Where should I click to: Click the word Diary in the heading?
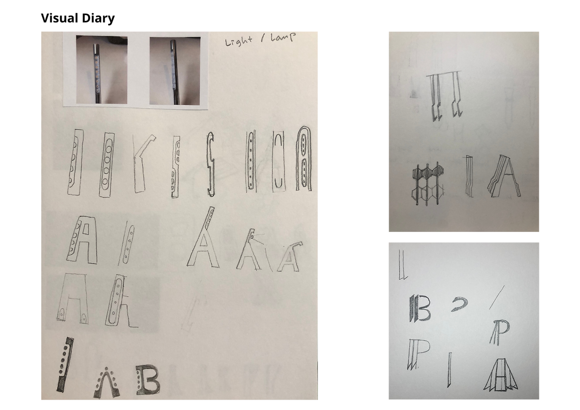(98, 19)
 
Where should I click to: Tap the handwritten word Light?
(238, 41)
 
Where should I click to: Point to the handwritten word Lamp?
(283, 37)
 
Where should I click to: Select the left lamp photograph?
(102, 70)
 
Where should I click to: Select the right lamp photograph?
(175, 71)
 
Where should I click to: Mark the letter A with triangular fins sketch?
(501, 375)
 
